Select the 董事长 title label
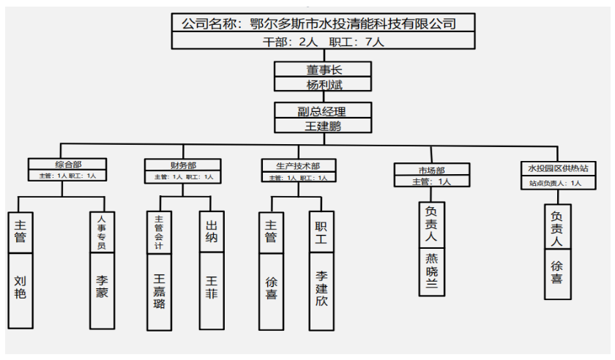323,70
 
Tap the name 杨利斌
323,84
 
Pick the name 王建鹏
323,125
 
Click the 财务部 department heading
180,165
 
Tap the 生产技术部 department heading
297,166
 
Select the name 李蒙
102,287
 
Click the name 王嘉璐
160,290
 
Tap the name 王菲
212,287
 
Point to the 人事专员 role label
102,231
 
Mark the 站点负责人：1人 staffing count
556,184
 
